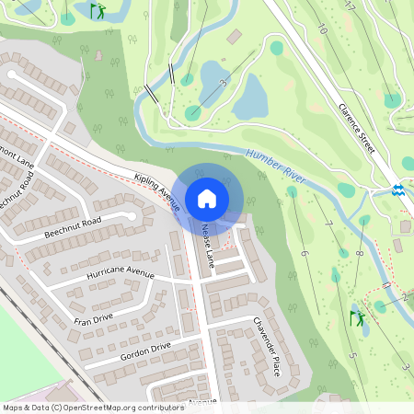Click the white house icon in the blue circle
[x=207, y=198]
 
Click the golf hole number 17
[x=350, y=7]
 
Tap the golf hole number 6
[x=303, y=253]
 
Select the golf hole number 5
[x=351, y=354]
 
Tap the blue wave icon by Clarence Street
[x=397, y=190]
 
